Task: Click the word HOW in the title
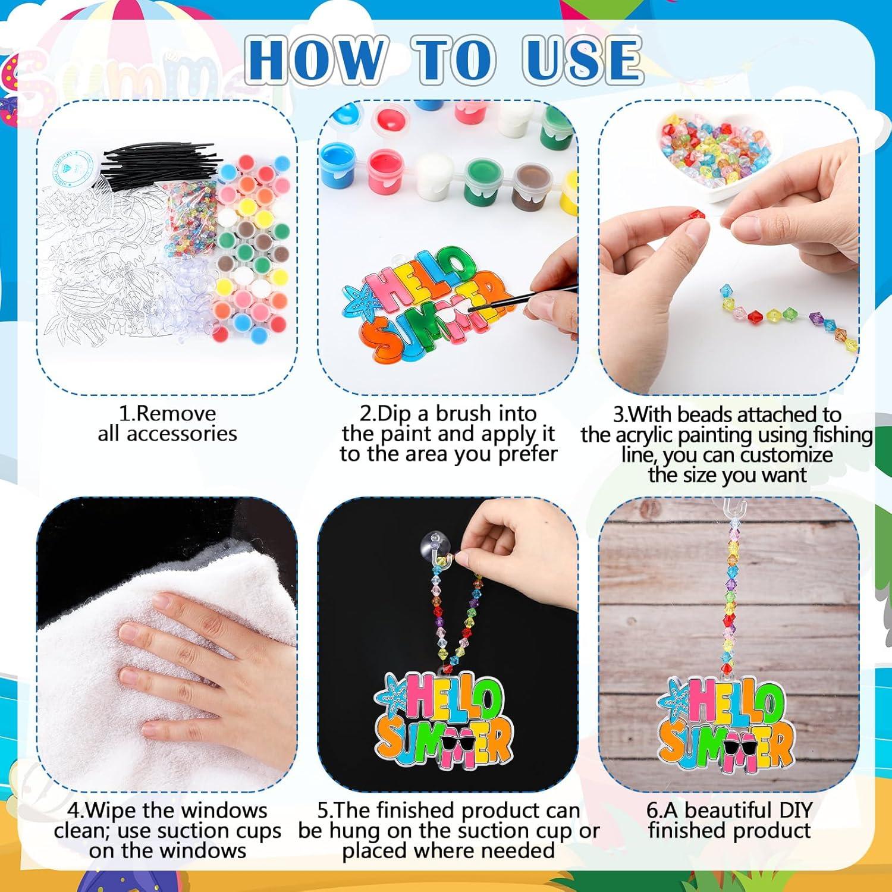(x=316, y=59)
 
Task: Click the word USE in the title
(x=582, y=59)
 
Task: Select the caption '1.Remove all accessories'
(x=167, y=423)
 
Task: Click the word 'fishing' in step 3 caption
(x=842, y=435)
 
